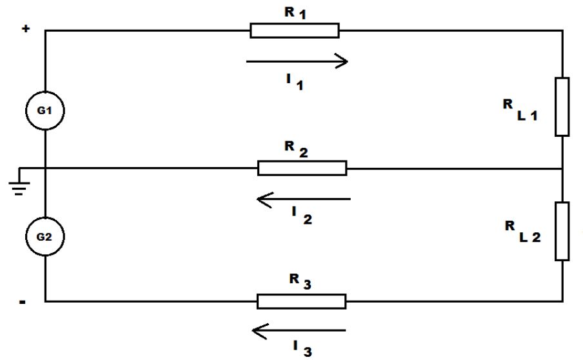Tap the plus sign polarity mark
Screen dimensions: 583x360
[x=26, y=28]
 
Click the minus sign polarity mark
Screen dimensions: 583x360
[x=23, y=302]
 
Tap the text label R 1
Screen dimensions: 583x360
[x=295, y=13]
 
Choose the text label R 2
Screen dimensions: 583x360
[x=296, y=149]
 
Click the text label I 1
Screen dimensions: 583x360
[x=295, y=82]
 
